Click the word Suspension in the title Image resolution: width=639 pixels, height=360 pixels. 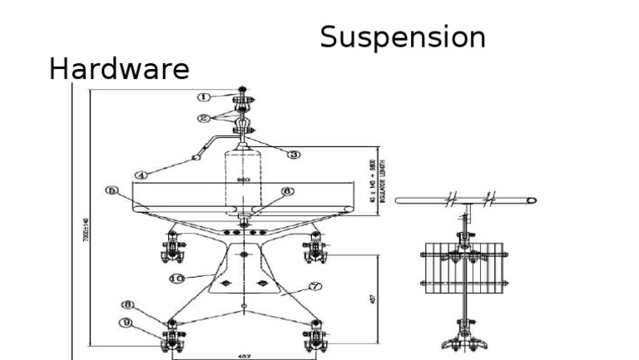click(403, 37)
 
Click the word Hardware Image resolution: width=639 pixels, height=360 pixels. click(119, 70)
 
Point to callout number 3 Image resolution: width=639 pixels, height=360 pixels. click(294, 154)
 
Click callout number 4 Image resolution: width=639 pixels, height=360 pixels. click(141, 175)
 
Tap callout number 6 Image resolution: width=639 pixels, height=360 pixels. click(288, 190)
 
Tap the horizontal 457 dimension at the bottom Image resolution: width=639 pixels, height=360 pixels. click(244, 355)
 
